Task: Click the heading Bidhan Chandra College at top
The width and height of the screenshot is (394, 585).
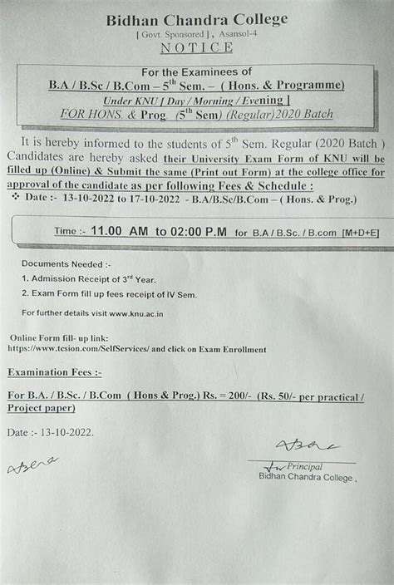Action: coord(196,19)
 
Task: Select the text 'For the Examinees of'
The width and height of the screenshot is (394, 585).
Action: coord(196,72)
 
